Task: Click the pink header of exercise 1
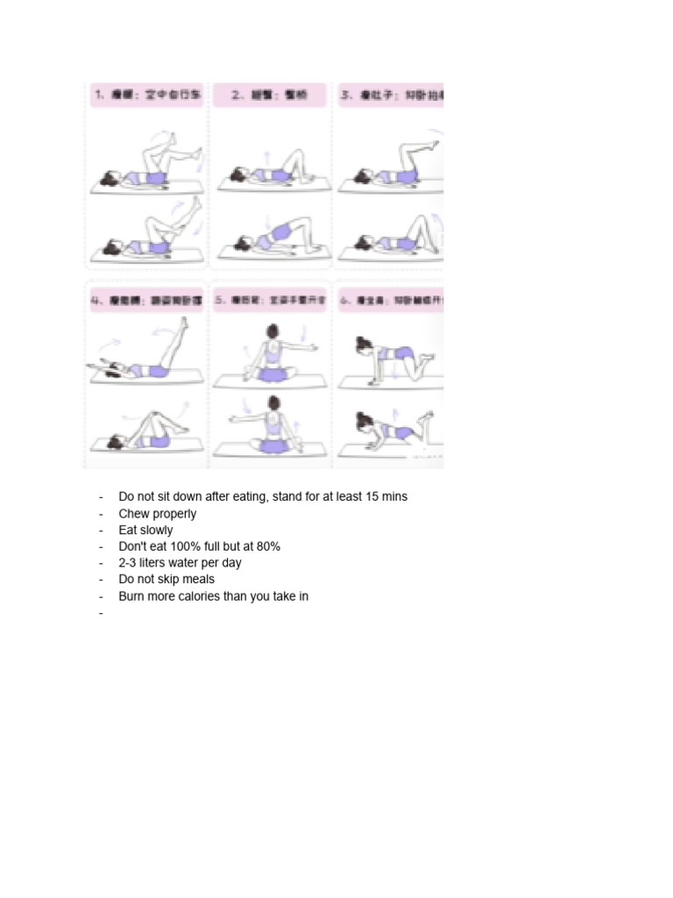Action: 147,96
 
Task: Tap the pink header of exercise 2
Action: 269,96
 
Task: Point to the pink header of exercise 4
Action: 147,299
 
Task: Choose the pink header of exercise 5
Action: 269,299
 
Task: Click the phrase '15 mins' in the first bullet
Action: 386,496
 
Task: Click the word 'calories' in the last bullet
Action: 210,596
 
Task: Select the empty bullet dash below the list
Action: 102,614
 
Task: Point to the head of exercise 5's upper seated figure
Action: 272,331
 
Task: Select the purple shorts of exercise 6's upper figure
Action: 402,353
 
